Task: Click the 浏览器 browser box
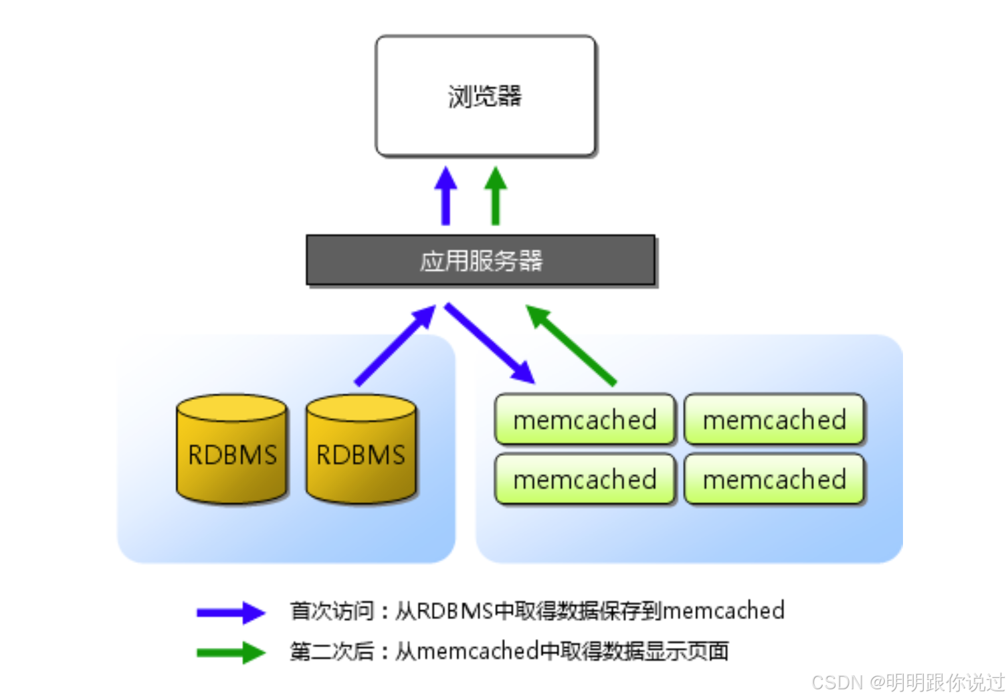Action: coord(485,96)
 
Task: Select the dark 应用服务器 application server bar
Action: coord(480,260)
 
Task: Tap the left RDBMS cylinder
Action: coord(232,449)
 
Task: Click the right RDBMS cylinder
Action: coord(361,449)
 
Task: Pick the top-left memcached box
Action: coord(585,420)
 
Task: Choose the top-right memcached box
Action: coord(775,420)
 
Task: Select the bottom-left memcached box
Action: coord(585,479)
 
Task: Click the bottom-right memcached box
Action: coord(775,479)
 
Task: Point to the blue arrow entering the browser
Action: coord(445,195)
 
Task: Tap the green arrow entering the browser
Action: coord(496,195)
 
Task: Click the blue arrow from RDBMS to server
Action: coord(395,345)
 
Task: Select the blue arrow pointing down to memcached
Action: coord(490,343)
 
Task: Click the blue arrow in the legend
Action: coord(231,612)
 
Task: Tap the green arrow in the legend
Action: coord(231,653)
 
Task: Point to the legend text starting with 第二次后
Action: coord(508,651)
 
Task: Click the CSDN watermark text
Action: coord(908,683)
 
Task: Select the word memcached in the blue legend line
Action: coord(723,611)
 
